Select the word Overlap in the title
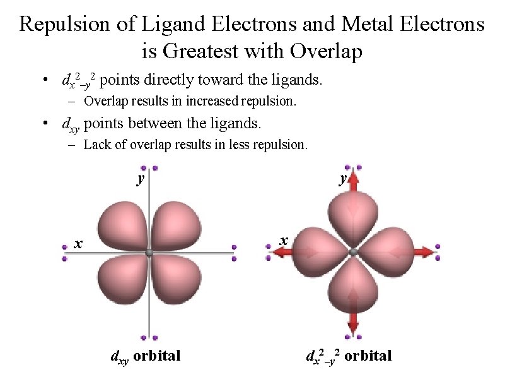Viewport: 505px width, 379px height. pyautogui.click(x=327, y=51)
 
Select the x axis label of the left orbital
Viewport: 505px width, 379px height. pyautogui.click(x=78, y=243)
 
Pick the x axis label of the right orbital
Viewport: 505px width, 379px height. pyautogui.click(x=284, y=240)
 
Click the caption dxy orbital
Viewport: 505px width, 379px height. pyautogui.click(x=146, y=356)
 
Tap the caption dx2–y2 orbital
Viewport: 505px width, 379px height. pyautogui.click(x=349, y=356)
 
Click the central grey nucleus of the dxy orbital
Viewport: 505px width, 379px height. pyautogui.click(x=149, y=253)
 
